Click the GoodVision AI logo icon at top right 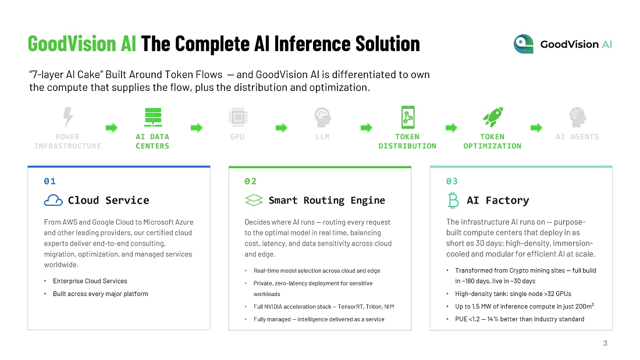(x=524, y=44)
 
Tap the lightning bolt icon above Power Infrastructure (x=67, y=117)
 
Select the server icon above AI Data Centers (x=153, y=117)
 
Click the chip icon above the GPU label (x=238, y=117)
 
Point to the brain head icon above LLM (x=323, y=117)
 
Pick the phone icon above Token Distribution (x=408, y=117)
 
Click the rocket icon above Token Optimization (x=493, y=117)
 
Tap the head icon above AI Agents (x=578, y=117)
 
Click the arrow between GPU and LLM (x=281, y=128)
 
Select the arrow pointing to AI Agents (x=536, y=128)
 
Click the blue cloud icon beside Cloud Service (x=54, y=201)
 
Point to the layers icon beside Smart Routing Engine (x=254, y=201)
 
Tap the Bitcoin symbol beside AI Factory (x=453, y=201)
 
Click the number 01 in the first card (x=50, y=181)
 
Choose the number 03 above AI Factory (x=452, y=181)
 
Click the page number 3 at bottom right (x=605, y=343)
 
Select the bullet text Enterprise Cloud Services (x=90, y=281)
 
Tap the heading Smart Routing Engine (x=327, y=201)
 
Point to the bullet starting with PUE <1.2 (x=520, y=319)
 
